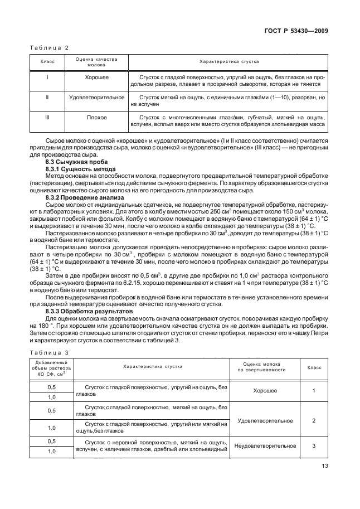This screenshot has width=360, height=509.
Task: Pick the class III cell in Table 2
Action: pos(47,118)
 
